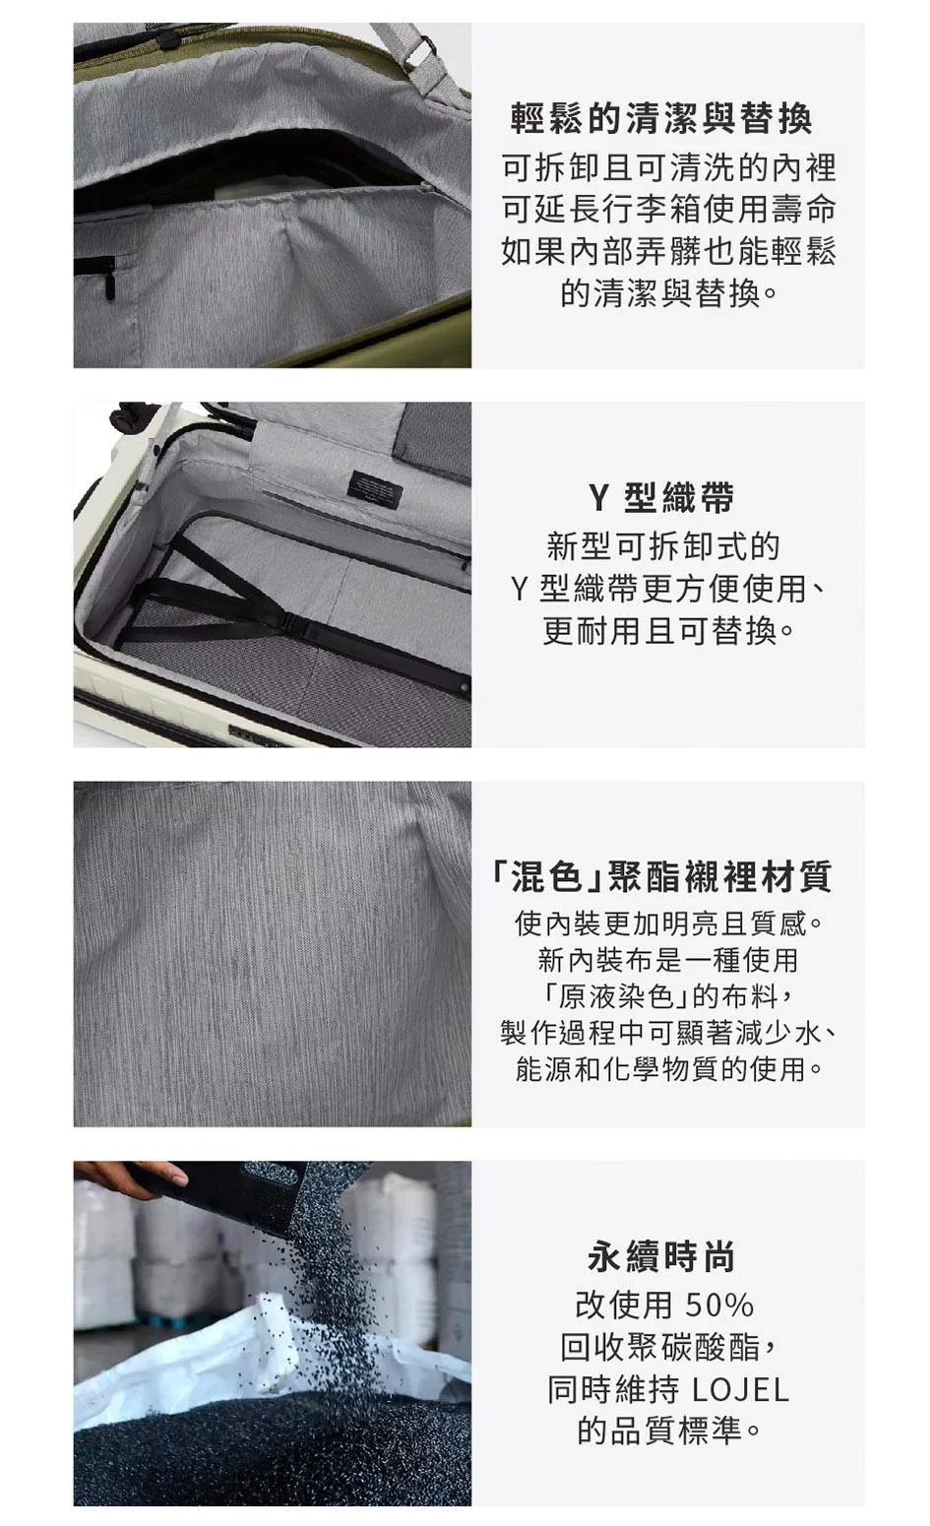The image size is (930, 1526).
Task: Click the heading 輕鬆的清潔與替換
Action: pyautogui.click(x=661, y=118)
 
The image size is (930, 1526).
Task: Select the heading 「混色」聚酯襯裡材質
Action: pyautogui.click(x=661, y=876)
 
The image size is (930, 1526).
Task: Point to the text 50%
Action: pyautogui.click(x=719, y=1305)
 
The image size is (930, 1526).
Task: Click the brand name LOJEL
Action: pyautogui.click(x=740, y=1390)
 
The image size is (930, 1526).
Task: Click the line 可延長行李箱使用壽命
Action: pyautogui.click(x=668, y=209)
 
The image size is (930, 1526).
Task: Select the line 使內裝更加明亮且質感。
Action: pyautogui.click(x=668, y=923)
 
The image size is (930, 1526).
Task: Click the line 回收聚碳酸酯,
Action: pyautogui.click(x=668, y=1347)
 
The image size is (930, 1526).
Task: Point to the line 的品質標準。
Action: pyautogui.click(x=668, y=1431)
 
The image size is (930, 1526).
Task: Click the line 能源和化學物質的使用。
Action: pyautogui.click(x=668, y=1069)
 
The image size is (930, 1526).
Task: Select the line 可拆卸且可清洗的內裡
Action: pyautogui.click(x=668, y=167)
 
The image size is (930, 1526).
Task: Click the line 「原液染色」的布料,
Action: pyautogui.click(x=667, y=996)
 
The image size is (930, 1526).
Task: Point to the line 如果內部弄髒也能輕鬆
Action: pyautogui.click(x=668, y=251)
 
